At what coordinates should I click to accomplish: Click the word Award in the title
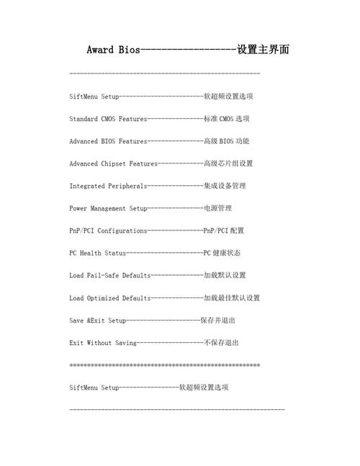[99, 50]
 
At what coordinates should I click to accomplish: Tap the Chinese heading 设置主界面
[264, 50]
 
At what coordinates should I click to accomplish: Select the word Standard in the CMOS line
[84, 119]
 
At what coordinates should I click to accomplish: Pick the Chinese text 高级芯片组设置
[228, 163]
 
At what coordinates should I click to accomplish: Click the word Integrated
[89, 186]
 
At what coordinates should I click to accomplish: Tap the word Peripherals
[127, 186]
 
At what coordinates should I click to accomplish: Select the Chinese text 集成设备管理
[225, 186]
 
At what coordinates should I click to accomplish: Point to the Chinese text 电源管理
[217, 208]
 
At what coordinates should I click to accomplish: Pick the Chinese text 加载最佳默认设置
[232, 297]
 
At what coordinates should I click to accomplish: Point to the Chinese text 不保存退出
[221, 342]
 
